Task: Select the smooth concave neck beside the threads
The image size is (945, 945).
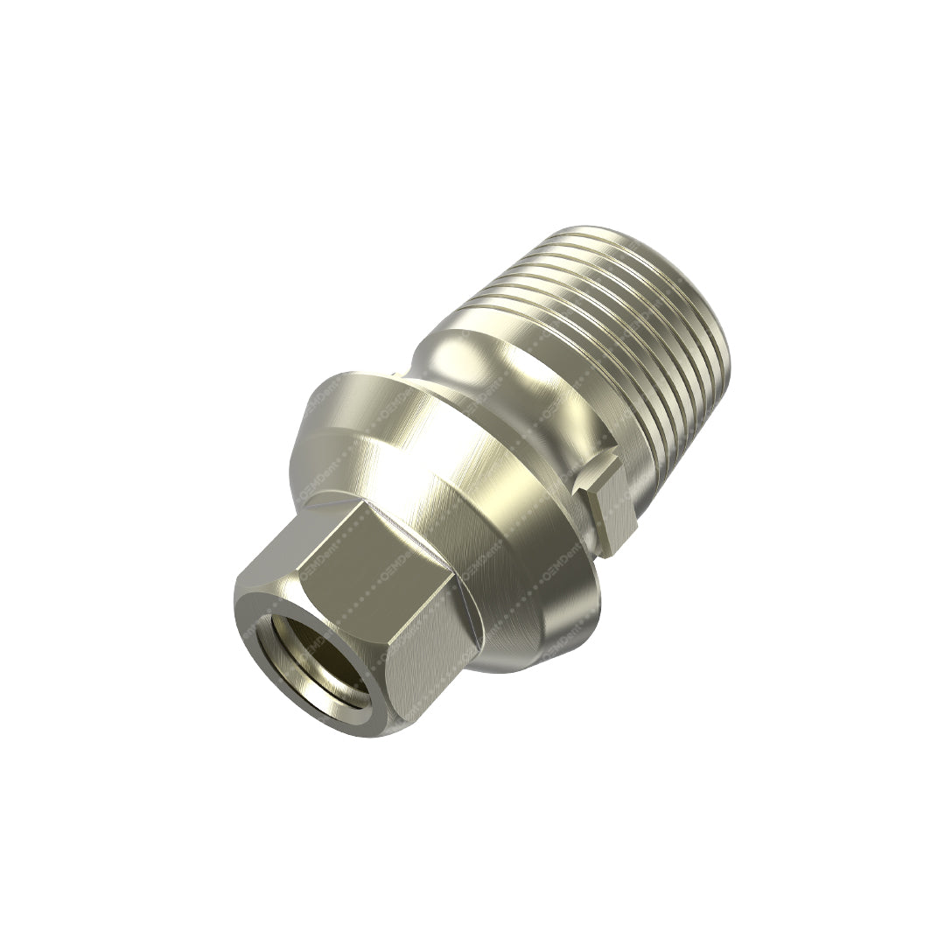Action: pyautogui.click(x=490, y=367)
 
